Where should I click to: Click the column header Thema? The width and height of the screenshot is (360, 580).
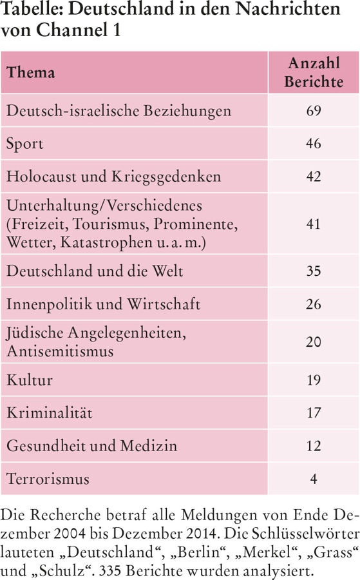(31, 72)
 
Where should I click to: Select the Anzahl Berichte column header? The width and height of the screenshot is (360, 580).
(314, 72)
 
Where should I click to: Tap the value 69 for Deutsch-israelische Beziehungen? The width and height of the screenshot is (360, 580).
(314, 111)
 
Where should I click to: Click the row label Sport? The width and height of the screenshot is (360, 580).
(24, 144)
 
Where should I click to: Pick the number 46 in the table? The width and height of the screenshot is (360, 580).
(314, 144)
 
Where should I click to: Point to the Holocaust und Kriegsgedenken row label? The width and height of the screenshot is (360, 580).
(113, 177)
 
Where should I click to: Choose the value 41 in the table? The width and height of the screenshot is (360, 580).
(314, 224)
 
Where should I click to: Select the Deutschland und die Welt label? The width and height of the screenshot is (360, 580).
(95, 271)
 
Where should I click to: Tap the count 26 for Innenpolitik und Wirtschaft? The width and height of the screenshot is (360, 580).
(314, 304)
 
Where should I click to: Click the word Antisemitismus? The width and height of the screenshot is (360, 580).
(60, 351)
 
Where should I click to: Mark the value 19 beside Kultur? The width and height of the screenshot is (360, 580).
(314, 380)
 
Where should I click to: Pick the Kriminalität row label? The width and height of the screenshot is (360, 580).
(49, 412)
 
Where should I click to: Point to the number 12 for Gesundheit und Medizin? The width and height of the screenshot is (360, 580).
(314, 446)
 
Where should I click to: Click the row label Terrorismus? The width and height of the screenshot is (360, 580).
(48, 479)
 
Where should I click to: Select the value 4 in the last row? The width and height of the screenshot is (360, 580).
(314, 479)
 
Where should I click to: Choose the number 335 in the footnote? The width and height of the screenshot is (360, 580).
(111, 570)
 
